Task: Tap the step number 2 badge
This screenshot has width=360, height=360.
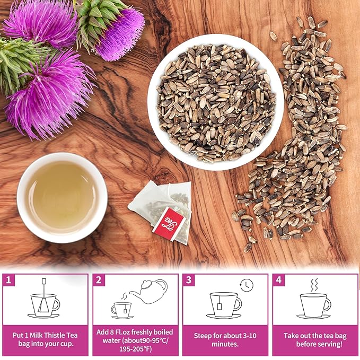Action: [98, 279]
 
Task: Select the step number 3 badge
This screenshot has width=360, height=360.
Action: [188, 279]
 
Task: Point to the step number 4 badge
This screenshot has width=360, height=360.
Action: [278, 279]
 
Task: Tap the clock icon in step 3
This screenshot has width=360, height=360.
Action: [247, 285]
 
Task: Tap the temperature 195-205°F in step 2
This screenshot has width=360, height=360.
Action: [134, 348]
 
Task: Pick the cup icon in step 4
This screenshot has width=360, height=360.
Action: [315, 305]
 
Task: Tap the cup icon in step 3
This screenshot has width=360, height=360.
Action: [225, 305]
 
